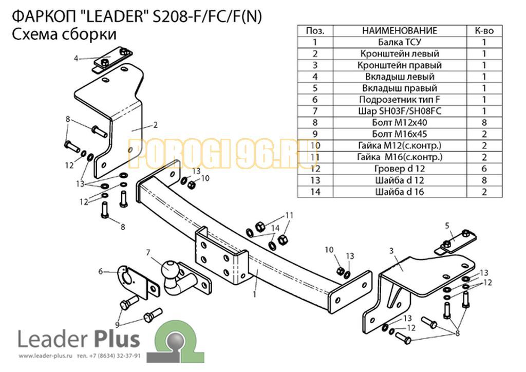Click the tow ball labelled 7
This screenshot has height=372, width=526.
click(x=170, y=269)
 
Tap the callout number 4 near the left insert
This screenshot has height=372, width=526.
click(x=76, y=59)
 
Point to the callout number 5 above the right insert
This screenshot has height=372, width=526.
click(x=447, y=225)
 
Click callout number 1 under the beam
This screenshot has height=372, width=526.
click(x=254, y=294)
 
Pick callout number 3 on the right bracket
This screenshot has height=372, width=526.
click(x=391, y=251)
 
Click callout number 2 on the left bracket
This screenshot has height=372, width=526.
click(x=155, y=124)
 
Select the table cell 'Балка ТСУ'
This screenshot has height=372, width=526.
click(x=399, y=42)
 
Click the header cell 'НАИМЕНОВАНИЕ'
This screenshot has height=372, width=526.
click(x=399, y=31)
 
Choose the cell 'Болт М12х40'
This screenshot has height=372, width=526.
click(x=399, y=122)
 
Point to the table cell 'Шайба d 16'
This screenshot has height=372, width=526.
click(x=399, y=192)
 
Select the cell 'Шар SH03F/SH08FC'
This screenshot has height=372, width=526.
click(x=399, y=111)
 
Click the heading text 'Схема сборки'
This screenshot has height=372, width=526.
click(x=63, y=34)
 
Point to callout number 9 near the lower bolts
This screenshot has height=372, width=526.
click(x=118, y=324)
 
